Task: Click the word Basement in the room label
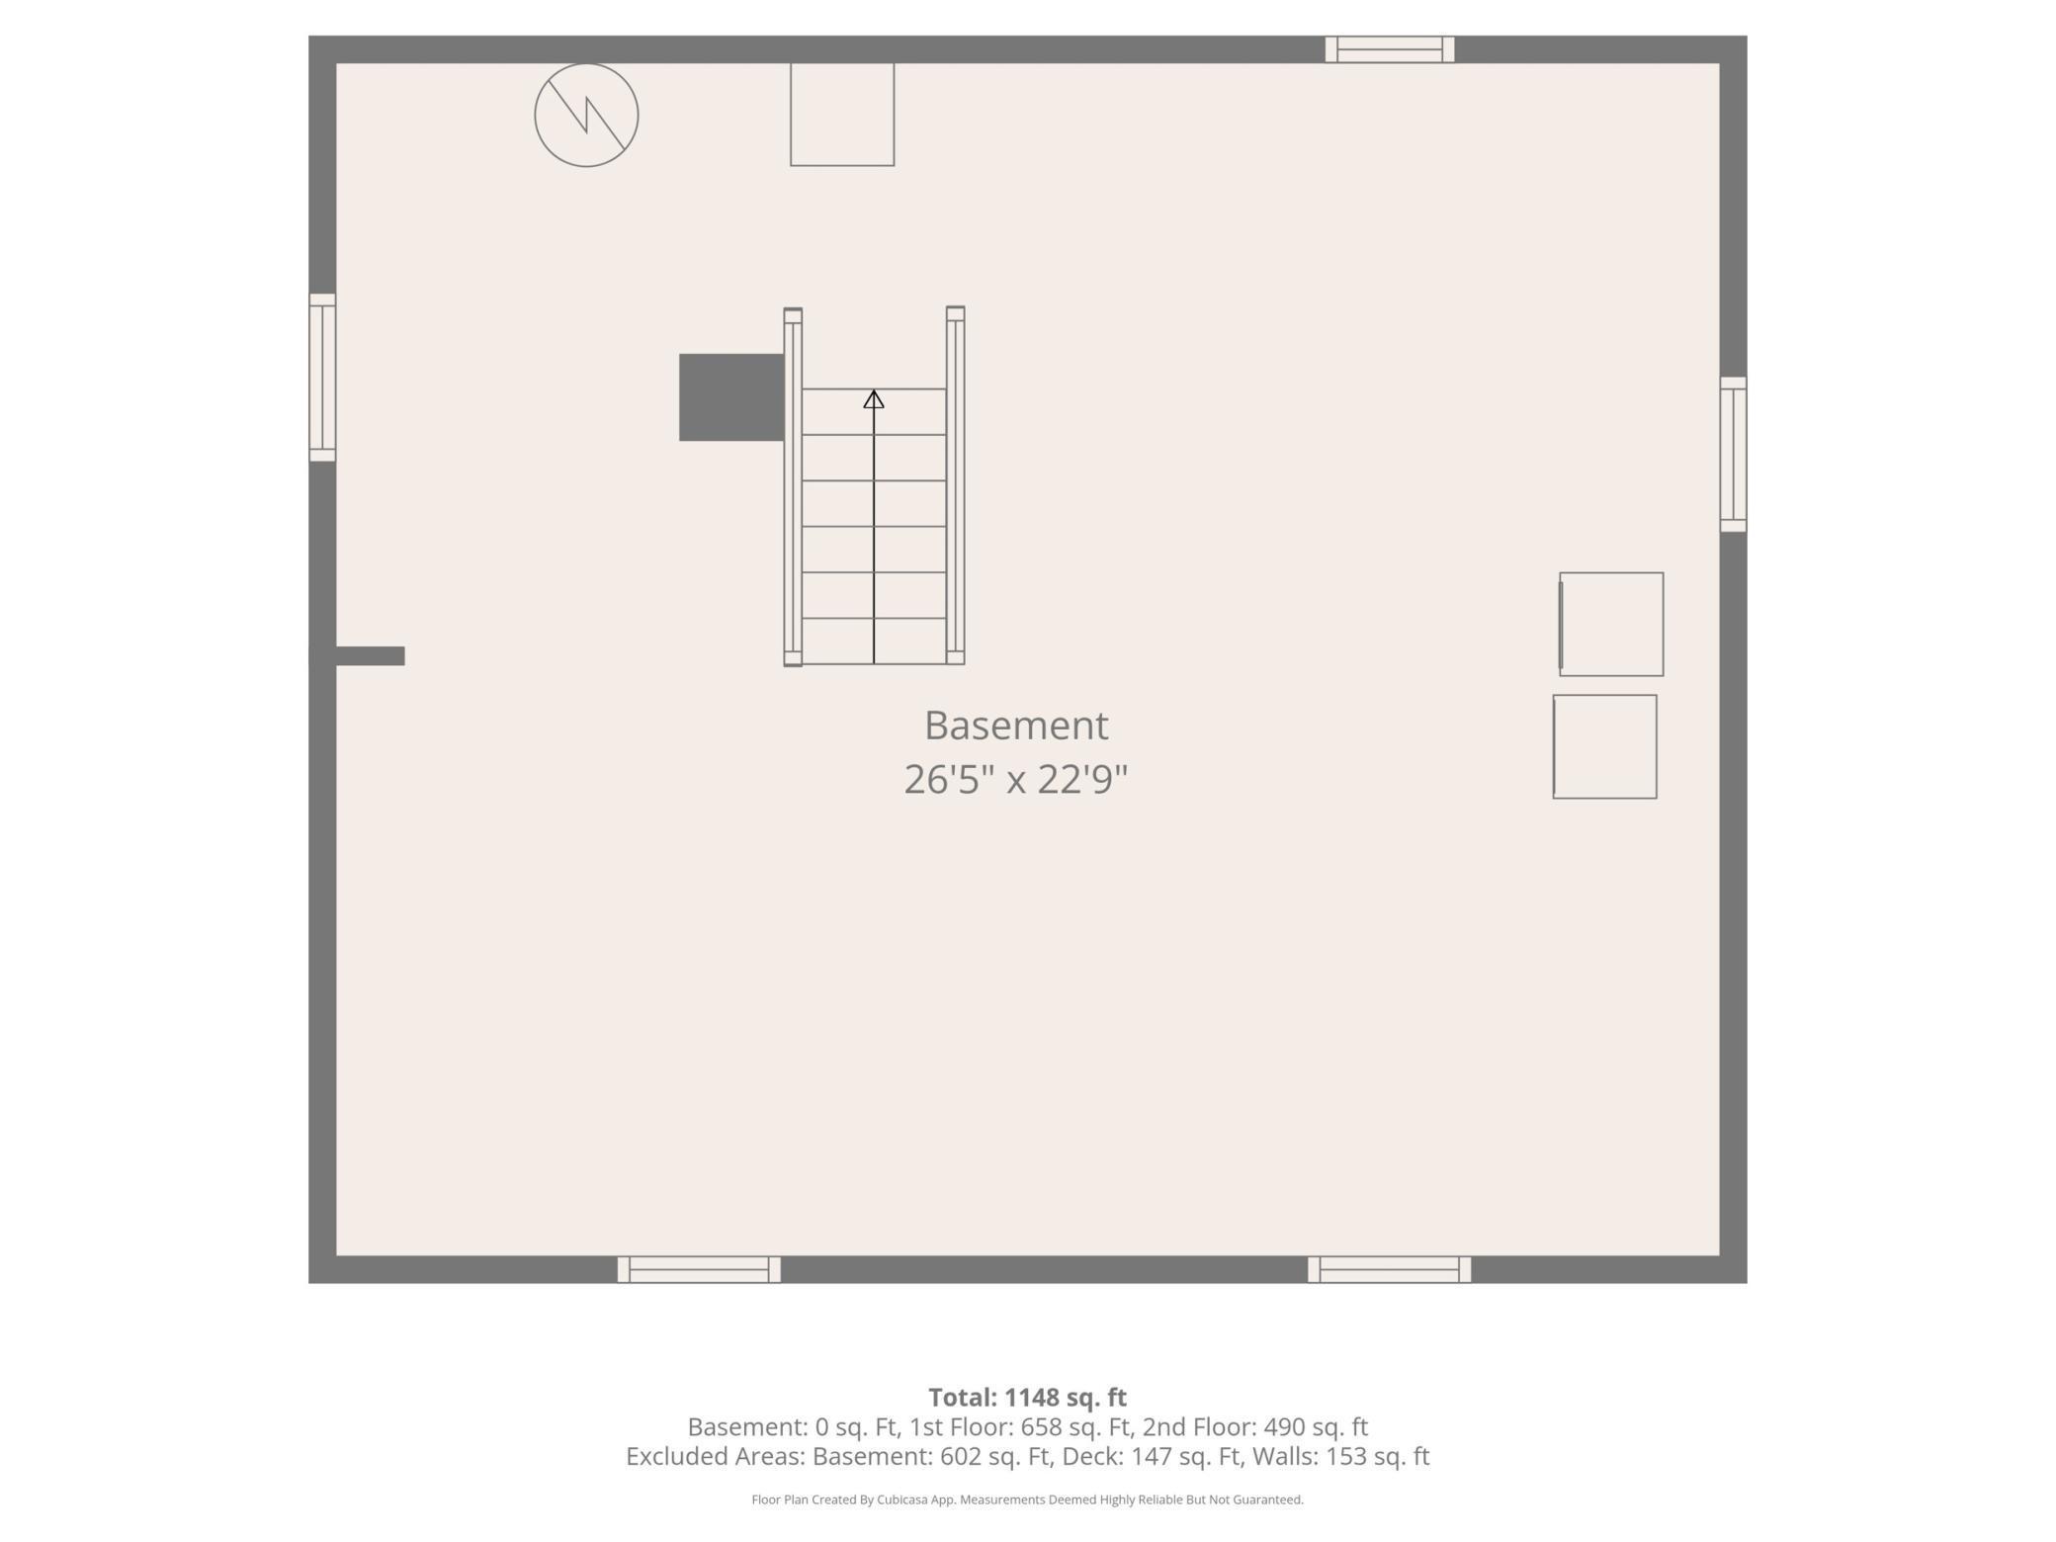(x=1016, y=726)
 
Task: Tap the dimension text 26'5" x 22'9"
(x=1016, y=780)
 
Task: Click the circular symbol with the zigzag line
(x=586, y=116)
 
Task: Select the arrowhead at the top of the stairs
(x=874, y=399)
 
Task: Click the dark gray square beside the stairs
(x=731, y=397)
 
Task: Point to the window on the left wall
(x=322, y=378)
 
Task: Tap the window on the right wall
(x=1733, y=455)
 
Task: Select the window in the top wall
(x=1390, y=49)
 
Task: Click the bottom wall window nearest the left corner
(x=699, y=1269)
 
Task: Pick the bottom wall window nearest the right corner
(x=1389, y=1269)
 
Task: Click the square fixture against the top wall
(x=842, y=115)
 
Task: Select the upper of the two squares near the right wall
(x=1611, y=624)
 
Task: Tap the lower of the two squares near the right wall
(x=1604, y=746)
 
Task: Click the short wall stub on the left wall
(x=368, y=655)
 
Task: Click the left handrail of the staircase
(x=793, y=486)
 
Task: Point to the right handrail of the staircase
(x=955, y=486)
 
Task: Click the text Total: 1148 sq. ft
(x=1027, y=1397)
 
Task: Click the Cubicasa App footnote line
(x=1027, y=1499)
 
